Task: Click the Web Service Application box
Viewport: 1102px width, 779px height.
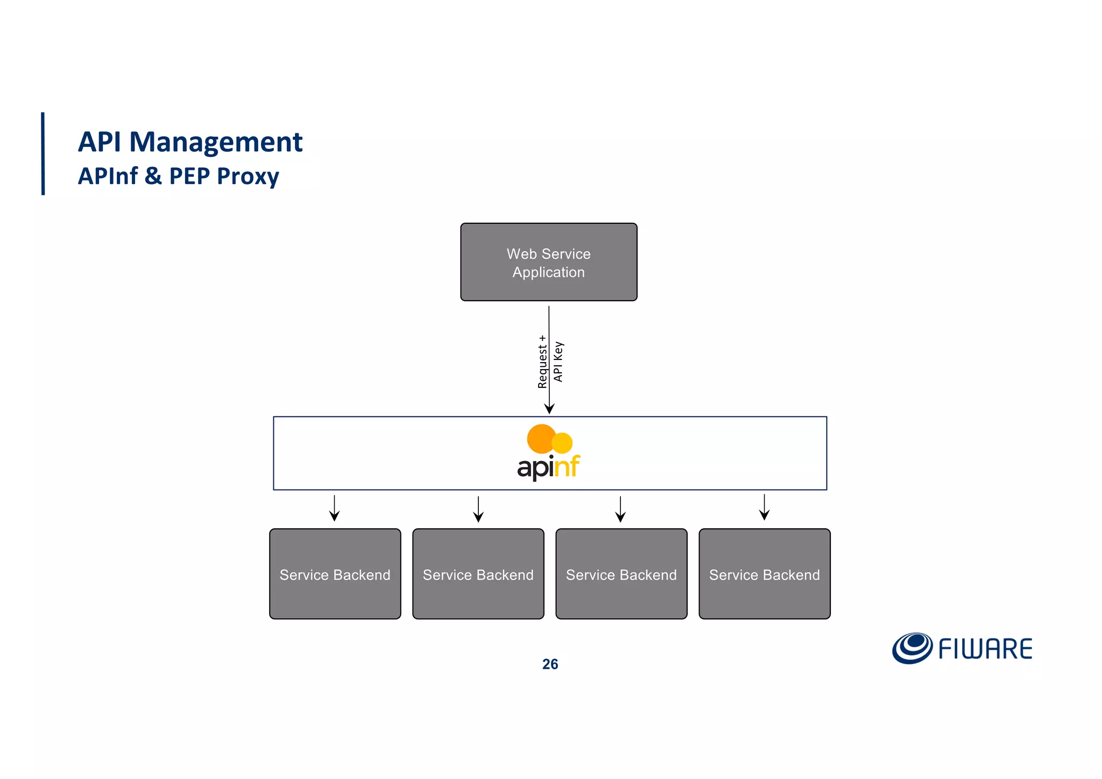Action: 548,262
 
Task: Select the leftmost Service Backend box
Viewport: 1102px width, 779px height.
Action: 335,573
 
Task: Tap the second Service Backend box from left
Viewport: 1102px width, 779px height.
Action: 478,573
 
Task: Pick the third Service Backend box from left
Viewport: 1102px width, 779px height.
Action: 621,573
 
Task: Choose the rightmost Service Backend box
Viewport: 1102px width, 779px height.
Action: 764,573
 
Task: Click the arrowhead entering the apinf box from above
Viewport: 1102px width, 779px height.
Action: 549,408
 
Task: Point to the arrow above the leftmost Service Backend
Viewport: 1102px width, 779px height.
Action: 334,509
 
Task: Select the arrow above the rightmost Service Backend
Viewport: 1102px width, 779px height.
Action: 764,508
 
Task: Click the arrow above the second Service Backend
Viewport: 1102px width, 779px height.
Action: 478,509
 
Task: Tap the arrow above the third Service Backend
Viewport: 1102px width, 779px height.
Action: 620,509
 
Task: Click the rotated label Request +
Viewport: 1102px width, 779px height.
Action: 542,362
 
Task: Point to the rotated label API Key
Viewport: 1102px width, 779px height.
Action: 558,362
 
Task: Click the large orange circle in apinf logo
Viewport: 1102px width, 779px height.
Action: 541,438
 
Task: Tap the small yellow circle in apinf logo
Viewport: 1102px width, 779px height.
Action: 563,443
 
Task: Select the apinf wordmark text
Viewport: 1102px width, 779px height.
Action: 548,466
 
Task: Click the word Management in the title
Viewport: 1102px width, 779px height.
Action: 216,142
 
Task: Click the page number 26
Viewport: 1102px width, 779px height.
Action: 550,664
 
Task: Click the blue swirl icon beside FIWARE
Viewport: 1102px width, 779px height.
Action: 912,648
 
